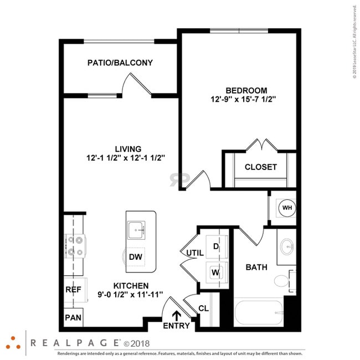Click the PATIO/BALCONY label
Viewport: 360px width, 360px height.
[x=120, y=63]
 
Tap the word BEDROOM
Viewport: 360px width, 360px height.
[x=246, y=90]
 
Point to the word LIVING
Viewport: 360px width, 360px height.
[x=128, y=148]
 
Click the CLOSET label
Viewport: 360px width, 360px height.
[x=260, y=167]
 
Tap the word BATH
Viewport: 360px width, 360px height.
[x=256, y=267]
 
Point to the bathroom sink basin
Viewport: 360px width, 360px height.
[x=287, y=245]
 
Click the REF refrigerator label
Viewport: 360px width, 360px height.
[x=73, y=289]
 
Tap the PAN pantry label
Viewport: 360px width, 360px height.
[x=73, y=317]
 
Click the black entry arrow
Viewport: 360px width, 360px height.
[x=177, y=315]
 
